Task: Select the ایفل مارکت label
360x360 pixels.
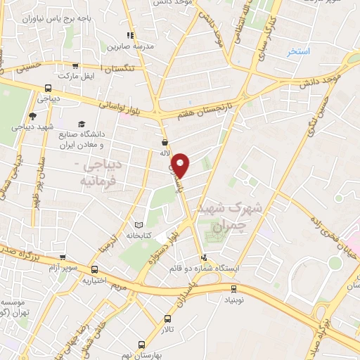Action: click(x=76, y=74)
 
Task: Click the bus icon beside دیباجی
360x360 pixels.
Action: click(x=48, y=89)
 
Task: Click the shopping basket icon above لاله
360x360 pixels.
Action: click(x=165, y=141)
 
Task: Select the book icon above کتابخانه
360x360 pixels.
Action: click(x=139, y=225)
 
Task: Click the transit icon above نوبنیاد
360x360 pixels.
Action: click(x=234, y=288)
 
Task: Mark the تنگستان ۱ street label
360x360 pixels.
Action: click(x=115, y=67)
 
